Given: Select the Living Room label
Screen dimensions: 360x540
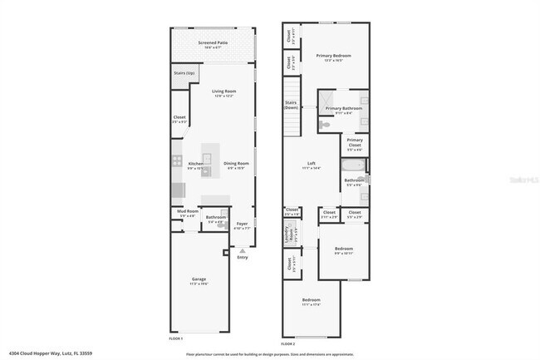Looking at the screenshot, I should point(224,92).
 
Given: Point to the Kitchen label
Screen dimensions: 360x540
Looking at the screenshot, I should point(196,165).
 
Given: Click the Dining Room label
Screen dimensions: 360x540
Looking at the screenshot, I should point(237,165).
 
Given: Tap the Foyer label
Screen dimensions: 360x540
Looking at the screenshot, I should point(242,224).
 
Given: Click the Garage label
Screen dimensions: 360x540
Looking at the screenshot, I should point(199,280).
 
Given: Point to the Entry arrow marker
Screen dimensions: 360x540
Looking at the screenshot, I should point(243,249).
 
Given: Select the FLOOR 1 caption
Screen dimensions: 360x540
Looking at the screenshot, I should point(175,338).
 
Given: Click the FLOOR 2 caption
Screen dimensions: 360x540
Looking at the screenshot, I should point(287,343).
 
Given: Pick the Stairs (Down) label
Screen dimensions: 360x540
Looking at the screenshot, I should point(291,106).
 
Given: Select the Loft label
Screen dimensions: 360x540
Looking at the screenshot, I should point(312,165).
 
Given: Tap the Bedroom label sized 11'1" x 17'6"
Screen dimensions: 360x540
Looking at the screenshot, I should point(311,301).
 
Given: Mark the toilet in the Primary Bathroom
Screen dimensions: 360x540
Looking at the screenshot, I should point(326,124).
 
